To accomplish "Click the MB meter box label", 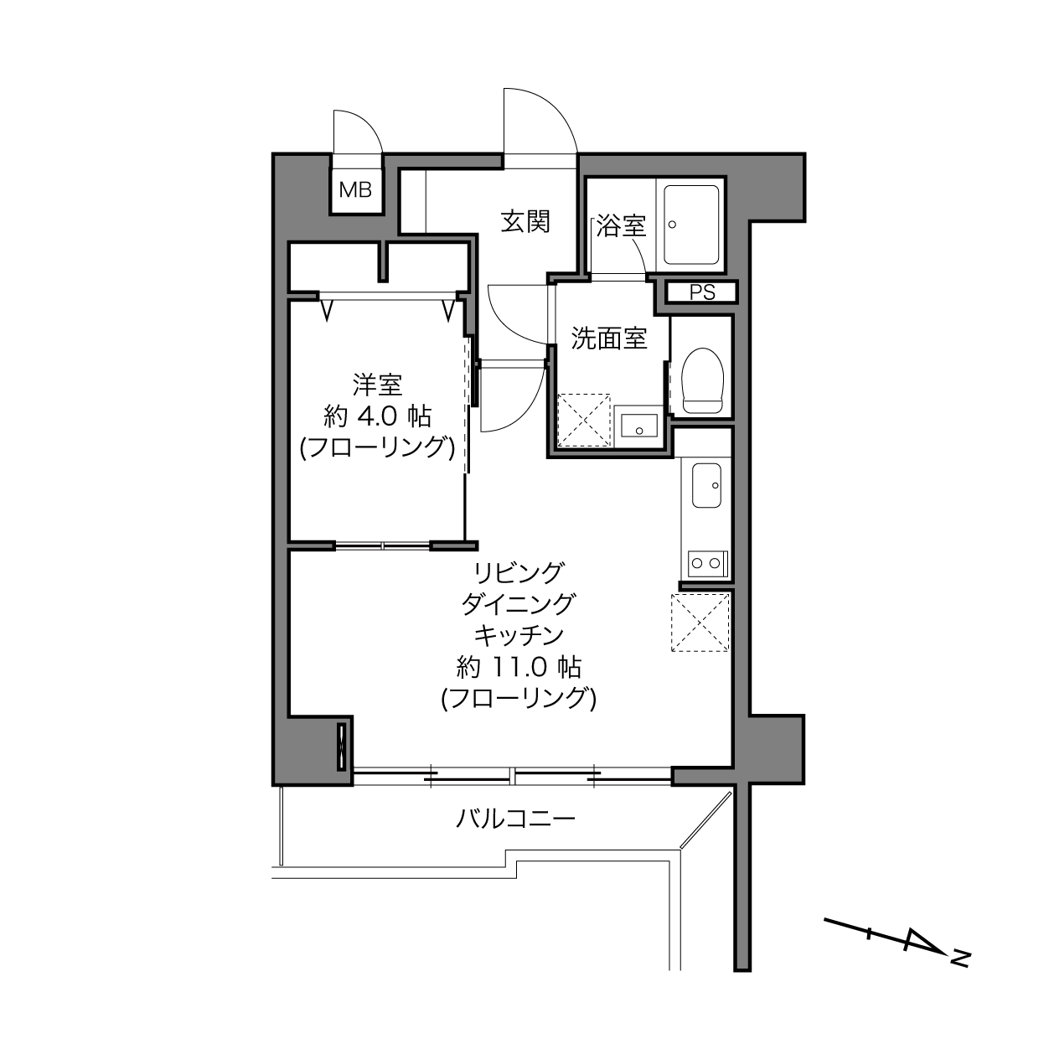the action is pyautogui.click(x=355, y=189).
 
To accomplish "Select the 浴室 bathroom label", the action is pyautogui.click(x=621, y=225).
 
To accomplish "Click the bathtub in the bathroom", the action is pyautogui.click(x=690, y=225).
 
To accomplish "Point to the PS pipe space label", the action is pyautogui.click(x=702, y=293).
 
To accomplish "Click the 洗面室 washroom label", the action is pyautogui.click(x=608, y=338).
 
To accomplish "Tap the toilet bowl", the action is pyautogui.click(x=702, y=380).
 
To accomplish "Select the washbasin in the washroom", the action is pyautogui.click(x=638, y=426).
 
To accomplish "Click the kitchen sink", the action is pyautogui.click(x=706, y=485).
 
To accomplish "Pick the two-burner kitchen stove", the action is pyautogui.click(x=708, y=564).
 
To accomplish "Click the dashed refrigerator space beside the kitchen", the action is pyautogui.click(x=700, y=623).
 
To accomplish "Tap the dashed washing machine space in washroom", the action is pyautogui.click(x=583, y=421).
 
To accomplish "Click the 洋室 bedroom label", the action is pyautogui.click(x=377, y=385).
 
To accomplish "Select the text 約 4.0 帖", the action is pyautogui.click(x=377, y=416).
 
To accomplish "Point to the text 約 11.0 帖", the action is pyautogui.click(x=519, y=668).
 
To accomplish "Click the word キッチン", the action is pyautogui.click(x=519, y=635).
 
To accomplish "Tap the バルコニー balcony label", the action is pyautogui.click(x=515, y=819).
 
